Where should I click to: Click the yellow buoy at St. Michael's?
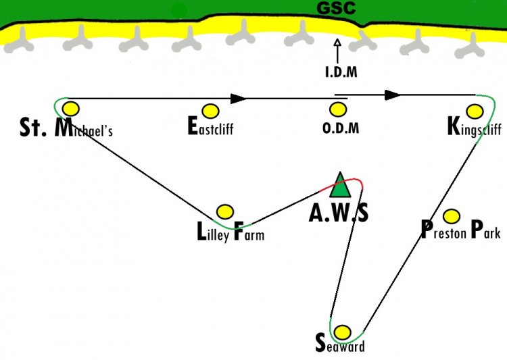point(71,109)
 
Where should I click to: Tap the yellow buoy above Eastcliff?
point(210,111)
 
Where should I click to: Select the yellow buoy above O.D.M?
point(338,109)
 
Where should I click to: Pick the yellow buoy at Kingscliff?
point(475,111)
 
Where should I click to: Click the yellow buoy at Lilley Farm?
point(225,212)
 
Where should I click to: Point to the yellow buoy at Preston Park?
point(452,216)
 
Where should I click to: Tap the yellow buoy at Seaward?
point(342,332)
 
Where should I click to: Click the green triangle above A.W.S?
point(340,185)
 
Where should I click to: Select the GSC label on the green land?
point(336,8)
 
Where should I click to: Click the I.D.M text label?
point(341,72)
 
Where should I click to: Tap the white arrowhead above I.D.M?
point(337,43)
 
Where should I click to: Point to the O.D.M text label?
point(341,128)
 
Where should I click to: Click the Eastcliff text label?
point(210,126)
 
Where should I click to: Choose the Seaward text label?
point(340,344)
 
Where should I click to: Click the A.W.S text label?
point(339,213)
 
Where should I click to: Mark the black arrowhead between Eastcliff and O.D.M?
point(239,99)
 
